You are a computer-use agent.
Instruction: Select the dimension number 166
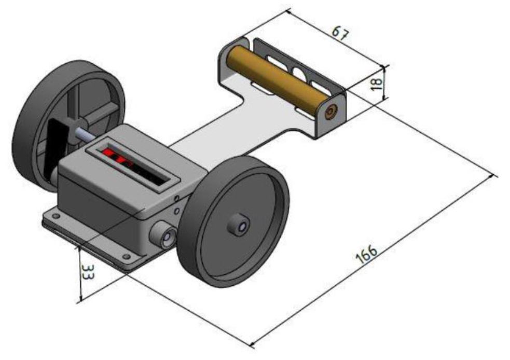pos(367,254)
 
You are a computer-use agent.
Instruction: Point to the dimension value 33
pos(88,271)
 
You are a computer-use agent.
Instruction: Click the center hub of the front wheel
pos(240,225)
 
